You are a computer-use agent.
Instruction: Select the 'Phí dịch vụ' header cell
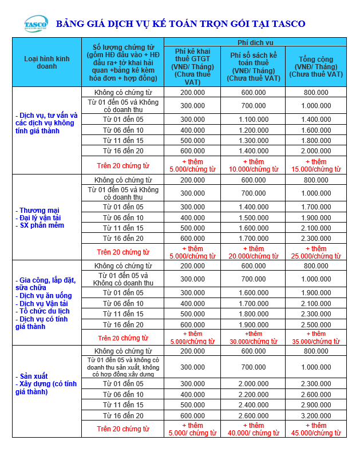tap(255, 42)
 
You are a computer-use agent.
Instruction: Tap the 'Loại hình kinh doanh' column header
tap(46, 62)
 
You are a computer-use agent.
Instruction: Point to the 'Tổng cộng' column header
tap(315, 66)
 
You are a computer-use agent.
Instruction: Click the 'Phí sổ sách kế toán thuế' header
tap(253, 66)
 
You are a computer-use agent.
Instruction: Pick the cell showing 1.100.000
tap(253, 120)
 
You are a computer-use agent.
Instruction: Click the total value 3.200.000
tap(315, 416)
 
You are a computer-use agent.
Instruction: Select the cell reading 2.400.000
tap(253, 405)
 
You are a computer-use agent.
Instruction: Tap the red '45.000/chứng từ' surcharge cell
tap(315, 429)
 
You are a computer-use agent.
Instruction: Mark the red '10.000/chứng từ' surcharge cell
tap(253, 165)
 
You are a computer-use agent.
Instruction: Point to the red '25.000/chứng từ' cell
tap(315, 252)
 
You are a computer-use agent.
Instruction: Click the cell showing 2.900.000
tap(315, 405)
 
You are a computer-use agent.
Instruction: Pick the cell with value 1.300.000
tap(253, 141)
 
